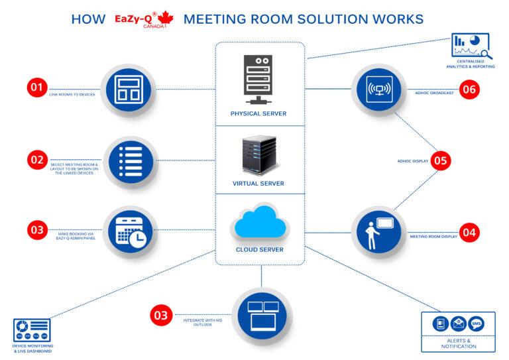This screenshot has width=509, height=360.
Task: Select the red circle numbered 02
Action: pos(36,160)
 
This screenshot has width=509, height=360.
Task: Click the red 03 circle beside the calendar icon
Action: pos(36,230)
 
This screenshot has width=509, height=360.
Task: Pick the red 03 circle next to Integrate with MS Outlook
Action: pos(160,315)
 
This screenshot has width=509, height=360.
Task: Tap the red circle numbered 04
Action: pos(469,232)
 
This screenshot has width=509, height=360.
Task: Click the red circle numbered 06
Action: pos(469,90)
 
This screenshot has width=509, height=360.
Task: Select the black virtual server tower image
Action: pos(259,154)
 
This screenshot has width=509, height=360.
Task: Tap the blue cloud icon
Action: pos(260,223)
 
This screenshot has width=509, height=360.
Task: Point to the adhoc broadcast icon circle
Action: pos(378,89)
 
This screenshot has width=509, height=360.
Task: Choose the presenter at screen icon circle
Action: pos(378,232)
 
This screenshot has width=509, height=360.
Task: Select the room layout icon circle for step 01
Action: pos(127,89)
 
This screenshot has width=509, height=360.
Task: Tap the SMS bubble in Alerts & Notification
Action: pos(475,324)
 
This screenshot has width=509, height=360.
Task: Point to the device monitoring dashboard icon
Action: pos(32,330)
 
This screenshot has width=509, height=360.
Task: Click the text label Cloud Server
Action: pos(260,250)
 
